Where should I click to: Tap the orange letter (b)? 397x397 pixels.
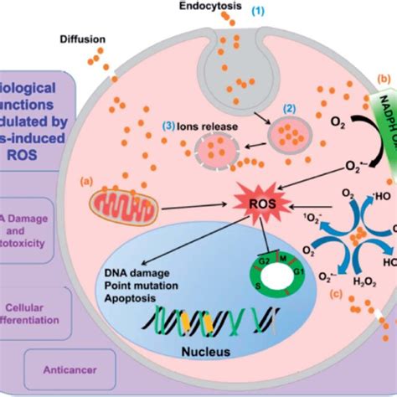[x=386, y=79]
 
